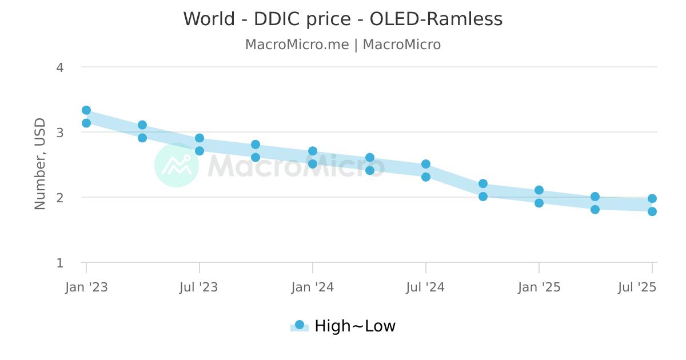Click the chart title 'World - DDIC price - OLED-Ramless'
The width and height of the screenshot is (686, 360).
point(343,19)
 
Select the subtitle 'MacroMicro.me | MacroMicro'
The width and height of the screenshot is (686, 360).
point(343,45)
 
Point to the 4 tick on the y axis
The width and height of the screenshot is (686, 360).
point(60,67)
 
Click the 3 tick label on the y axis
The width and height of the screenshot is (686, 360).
point(60,133)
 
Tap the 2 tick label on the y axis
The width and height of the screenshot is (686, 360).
point(60,198)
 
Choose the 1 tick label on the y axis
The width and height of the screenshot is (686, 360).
point(60,263)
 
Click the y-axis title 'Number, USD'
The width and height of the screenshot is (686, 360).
point(40,163)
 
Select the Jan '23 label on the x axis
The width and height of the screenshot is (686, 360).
point(86,287)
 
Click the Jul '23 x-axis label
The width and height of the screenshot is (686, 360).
point(199,287)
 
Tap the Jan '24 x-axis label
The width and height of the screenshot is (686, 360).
point(312,287)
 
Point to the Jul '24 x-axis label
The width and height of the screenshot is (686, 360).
point(425,287)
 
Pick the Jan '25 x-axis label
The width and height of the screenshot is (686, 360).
point(539,287)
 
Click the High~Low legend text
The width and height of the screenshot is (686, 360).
point(355,326)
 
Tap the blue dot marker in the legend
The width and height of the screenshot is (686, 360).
point(299,325)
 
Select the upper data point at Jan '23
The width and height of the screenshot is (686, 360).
point(86,110)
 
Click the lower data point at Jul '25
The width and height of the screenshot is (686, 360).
point(652,211)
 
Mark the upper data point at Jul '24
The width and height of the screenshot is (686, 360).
point(426,164)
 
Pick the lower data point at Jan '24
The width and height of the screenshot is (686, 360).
point(313,164)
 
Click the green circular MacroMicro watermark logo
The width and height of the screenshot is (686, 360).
point(177,165)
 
